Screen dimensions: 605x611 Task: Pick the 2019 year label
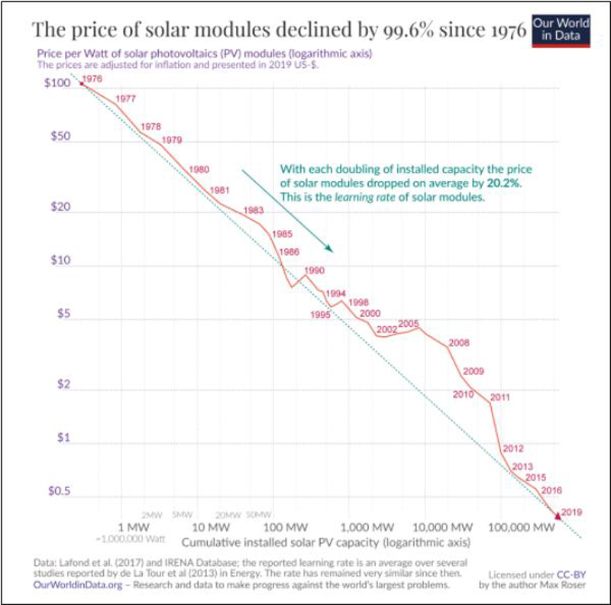pos(572,512)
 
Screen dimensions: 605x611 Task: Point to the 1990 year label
pos(314,270)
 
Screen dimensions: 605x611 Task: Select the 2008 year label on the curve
pos(459,342)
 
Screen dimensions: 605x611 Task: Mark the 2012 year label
pos(512,448)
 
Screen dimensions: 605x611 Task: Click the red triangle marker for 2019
pos(557,517)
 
